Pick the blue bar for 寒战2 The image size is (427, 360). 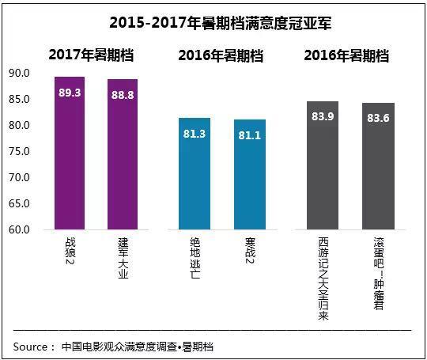249,178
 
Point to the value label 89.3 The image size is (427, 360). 70,92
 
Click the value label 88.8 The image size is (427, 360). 122,94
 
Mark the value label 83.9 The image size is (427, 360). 323,117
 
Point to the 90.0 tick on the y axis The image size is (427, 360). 19,74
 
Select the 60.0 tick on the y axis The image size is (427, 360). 19,230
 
